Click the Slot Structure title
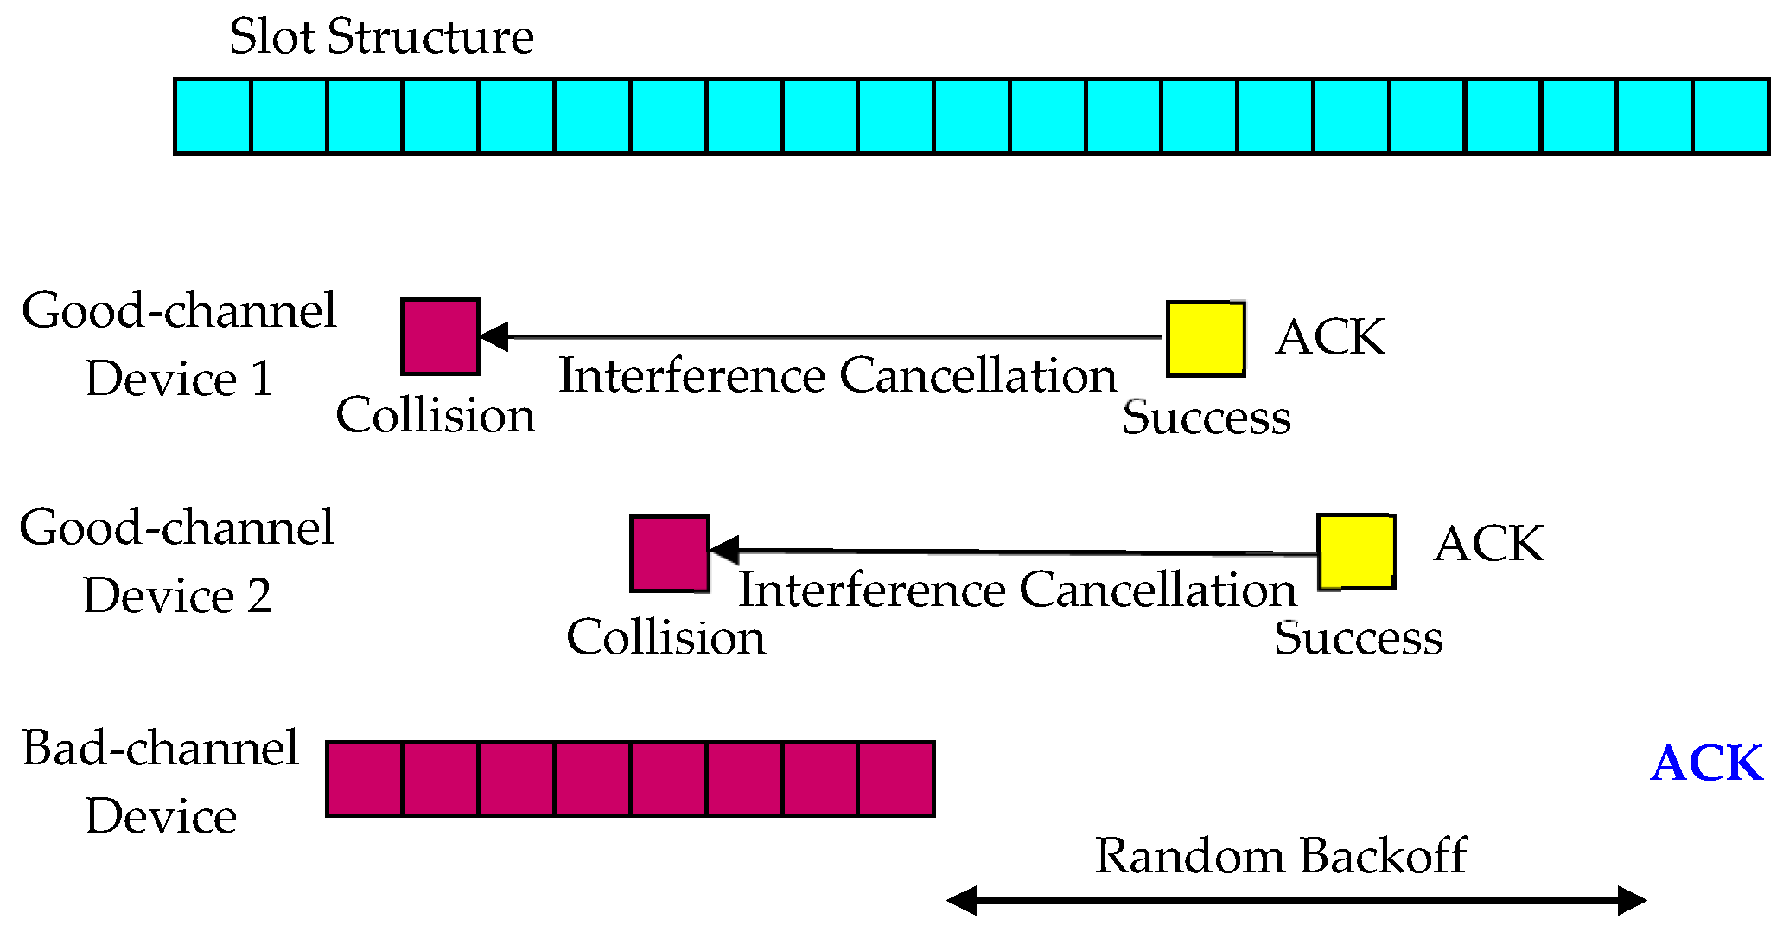click(381, 37)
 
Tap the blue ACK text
click(1706, 764)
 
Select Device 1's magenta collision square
click(441, 337)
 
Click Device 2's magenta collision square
click(670, 553)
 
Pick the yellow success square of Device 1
click(1206, 339)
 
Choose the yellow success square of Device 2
click(1356, 552)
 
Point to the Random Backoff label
click(1281, 857)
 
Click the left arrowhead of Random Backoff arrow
click(961, 900)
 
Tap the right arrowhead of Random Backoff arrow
click(1633, 900)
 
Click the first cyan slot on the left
click(213, 117)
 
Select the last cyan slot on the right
click(1730, 117)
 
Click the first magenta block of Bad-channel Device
click(365, 779)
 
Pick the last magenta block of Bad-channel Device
click(896, 779)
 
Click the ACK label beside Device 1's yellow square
click(1330, 337)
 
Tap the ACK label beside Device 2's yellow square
click(1488, 544)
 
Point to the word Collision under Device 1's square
click(436, 416)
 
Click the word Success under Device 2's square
click(1358, 638)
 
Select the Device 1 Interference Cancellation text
click(837, 376)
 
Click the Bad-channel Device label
click(161, 782)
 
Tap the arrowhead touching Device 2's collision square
click(724, 550)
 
